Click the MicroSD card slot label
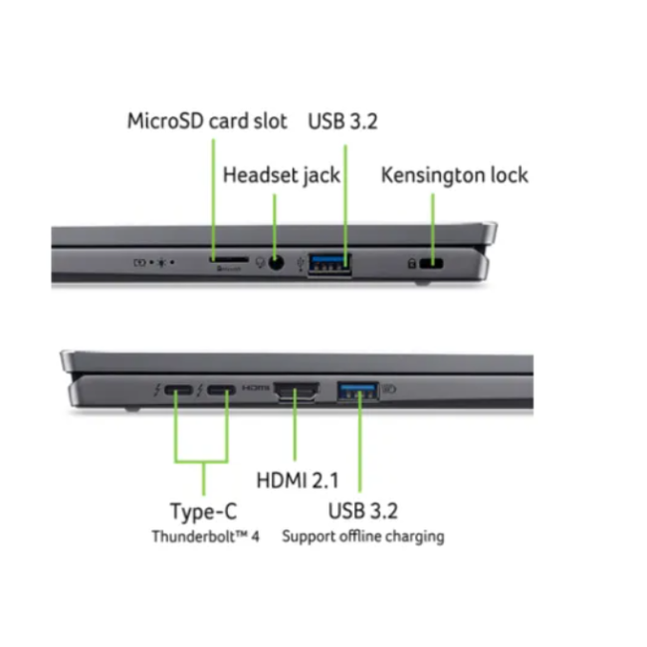point(207,121)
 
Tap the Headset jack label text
point(282,175)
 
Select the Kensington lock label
point(454,175)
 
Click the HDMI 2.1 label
point(298,481)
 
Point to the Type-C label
point(204,512)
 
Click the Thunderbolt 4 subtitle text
point(205,537)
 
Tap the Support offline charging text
point(363,537)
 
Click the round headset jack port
point(276,263)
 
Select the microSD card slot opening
point(229,260)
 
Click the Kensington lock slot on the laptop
point(431,263)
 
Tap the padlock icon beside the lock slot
point(411,263)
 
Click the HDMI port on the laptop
point(297,391)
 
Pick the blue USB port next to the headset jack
point(329,264)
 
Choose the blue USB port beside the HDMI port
point(357,391)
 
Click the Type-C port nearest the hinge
point(178,389)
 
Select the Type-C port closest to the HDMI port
point(221,389)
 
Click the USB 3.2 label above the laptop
point(342,121)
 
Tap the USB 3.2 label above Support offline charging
point(363,511)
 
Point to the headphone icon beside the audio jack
point(260,263)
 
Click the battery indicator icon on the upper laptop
point(139,263)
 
